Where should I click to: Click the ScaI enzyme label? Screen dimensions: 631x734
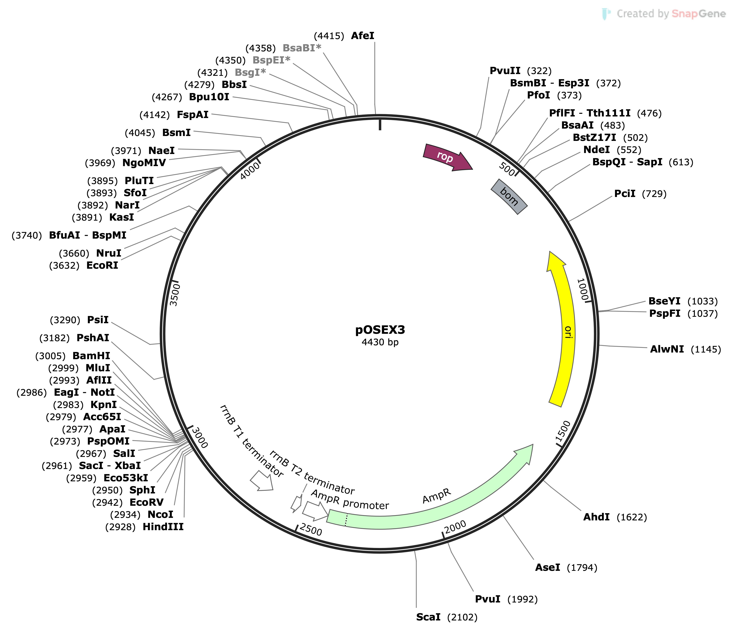(428, 617)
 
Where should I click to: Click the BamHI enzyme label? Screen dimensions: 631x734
(91, 355)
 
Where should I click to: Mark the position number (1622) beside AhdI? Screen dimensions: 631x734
(632, 517)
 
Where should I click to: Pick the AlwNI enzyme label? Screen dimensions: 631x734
(667, 349)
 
